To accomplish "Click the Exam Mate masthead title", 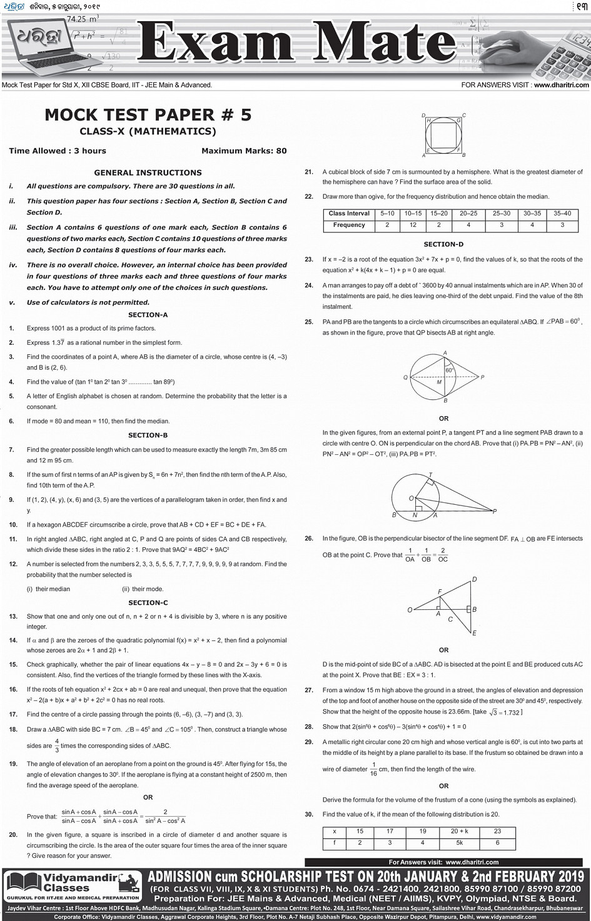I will point(297,42).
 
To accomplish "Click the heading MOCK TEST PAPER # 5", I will point(148,115).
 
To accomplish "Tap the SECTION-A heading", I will point(148,315).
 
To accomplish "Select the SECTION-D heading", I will point(443,244).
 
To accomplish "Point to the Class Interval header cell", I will point(349,214).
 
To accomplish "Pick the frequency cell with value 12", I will point(413,225).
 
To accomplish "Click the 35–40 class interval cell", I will point(562,214).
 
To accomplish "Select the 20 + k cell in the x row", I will point(459,831).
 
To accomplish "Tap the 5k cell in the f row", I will point(459,842).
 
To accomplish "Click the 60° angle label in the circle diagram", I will point(449,371).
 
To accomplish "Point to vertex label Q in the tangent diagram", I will point(405,377).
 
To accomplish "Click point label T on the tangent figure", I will point(430,475).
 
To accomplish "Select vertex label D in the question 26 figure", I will point(474,579).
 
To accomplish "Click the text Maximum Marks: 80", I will point(244,151).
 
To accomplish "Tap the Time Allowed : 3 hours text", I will point(58,151).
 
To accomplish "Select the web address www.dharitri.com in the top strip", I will point(561,85).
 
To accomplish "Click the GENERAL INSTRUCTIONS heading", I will point(148,172).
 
